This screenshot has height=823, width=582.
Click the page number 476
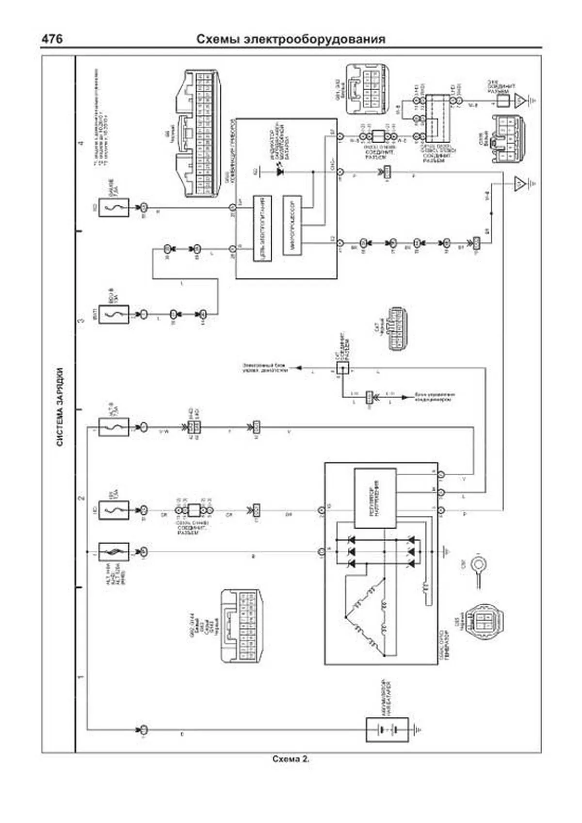click(x=52, y=39)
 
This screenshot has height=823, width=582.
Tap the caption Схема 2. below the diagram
click(x=291, y=759)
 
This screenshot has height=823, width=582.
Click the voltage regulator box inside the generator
click(x=375, y=498)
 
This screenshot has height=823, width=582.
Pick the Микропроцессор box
click(x=292, y=225)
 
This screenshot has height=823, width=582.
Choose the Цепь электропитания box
click(x=262, y=228)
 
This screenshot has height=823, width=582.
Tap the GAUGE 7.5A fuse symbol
click(x=113, y=207)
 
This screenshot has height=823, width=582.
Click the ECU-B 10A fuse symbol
click(x=113, y=314)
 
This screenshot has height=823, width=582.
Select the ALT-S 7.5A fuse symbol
click(x=113, y=427)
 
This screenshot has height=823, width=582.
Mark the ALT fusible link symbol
click(x=113, y=552)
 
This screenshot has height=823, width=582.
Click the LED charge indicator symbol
click(x=280, y=171)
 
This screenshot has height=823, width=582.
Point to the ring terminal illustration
click(x=480, y=566)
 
